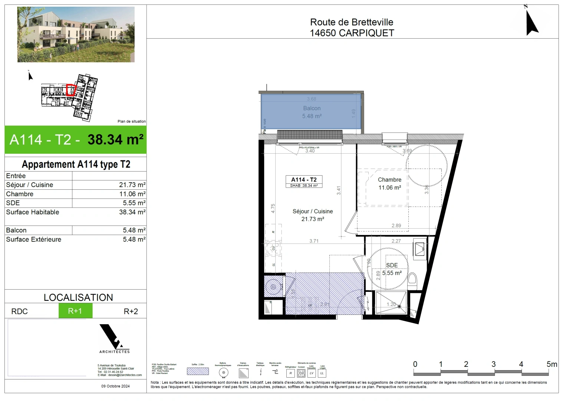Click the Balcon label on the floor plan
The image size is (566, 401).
[x=312, y=108]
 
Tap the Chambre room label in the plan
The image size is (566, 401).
[x=389, y=180]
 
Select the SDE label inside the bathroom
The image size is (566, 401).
[x=392, y=265]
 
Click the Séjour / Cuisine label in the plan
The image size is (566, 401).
[x=313, y=211]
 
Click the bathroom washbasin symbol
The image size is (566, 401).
[x=419, y=248]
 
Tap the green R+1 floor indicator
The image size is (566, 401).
[x=75, y=311]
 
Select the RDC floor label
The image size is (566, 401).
[x=19, y=312]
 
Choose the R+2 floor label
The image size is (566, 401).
[x=131, y=312]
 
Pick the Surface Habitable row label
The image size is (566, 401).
[x=33, y=212]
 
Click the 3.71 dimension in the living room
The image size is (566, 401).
[x=314, y=241]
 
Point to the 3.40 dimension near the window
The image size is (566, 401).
[x=310, y=151]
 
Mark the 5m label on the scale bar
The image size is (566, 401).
[x=552, y=364]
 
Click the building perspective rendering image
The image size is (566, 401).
[x=76, y=34]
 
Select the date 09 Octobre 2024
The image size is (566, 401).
[x=115, y=386]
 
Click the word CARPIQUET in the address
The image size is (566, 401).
[x=367, y=33]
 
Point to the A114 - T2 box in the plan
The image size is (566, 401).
[x=304, y=182]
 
